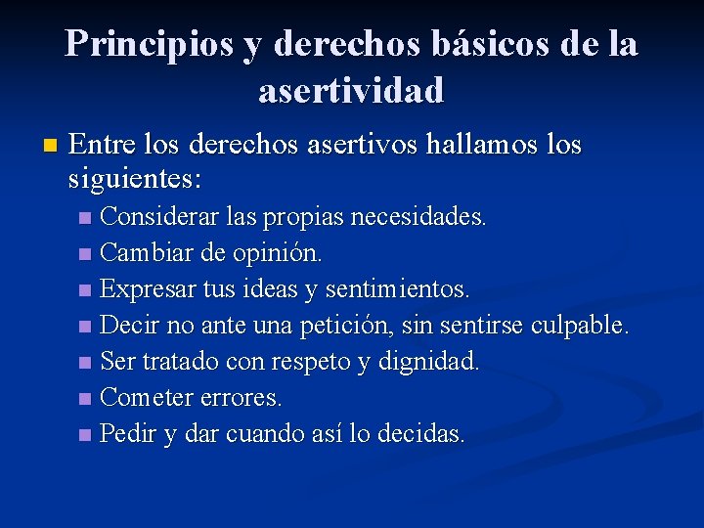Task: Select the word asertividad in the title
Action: point(351,91)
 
